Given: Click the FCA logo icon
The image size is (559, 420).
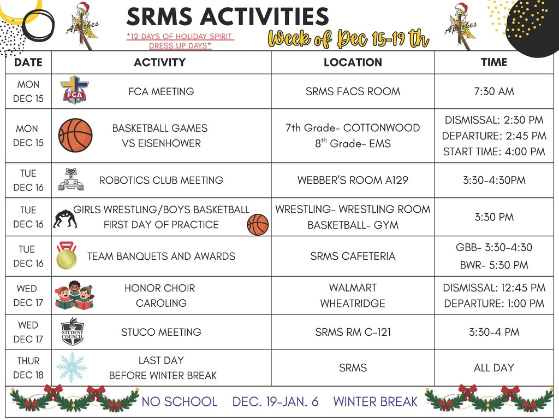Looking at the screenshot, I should pos(75,91).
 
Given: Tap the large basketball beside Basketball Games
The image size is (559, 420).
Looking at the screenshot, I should pos(75,136).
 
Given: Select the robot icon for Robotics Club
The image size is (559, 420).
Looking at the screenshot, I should pos(71,179).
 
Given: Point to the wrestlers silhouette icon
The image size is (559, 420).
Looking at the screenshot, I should pos(65,219).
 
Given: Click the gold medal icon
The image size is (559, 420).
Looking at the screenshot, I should pos(67,256).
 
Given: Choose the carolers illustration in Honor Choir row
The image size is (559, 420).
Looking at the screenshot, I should pos(75,295).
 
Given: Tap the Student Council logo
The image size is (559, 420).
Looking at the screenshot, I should pos(73,332).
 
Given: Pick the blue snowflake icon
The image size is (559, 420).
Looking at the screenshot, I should pos(72,367).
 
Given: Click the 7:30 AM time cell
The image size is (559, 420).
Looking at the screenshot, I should pos(493,91).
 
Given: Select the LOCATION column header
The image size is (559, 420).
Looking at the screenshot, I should pos(353,62).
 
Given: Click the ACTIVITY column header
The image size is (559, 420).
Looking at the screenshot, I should pos(160,62).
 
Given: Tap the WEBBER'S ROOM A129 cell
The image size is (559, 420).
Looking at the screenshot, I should pos(353,180).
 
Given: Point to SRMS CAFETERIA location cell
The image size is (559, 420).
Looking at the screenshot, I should pos(353,256).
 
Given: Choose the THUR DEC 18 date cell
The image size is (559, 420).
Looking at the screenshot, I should pos(28,368).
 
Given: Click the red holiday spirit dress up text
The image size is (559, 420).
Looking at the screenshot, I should pos(180,41).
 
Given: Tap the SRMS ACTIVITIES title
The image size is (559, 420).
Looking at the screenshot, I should pos(228,17).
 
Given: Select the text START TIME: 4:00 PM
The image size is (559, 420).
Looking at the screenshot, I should pos(494,151).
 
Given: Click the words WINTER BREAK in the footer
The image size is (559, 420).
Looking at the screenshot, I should pos(376,402).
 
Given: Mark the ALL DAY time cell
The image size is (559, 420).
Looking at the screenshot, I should pos(493,368).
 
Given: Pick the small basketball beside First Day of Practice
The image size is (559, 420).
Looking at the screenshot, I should pos(258,225).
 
